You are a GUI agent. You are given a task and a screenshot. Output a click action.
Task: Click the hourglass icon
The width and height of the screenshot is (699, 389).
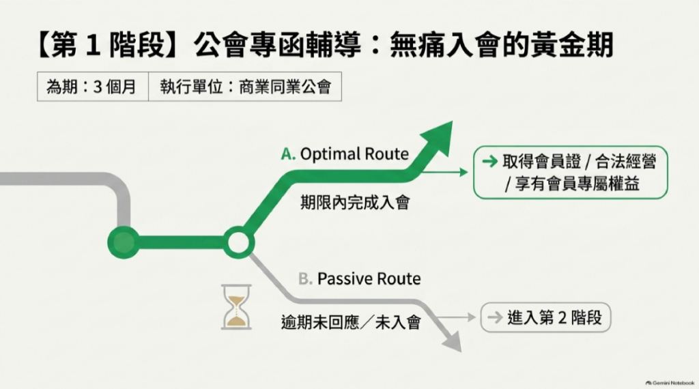click(236, 307)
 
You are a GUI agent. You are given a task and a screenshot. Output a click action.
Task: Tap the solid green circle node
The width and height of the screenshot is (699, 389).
click(124, 242)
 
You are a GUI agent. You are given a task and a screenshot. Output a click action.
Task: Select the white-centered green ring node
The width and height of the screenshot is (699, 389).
click(238, 242)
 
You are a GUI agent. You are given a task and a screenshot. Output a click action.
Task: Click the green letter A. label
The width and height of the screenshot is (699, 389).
click(288, 154)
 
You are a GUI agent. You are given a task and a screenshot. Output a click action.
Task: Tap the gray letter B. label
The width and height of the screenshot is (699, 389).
click(305, 279)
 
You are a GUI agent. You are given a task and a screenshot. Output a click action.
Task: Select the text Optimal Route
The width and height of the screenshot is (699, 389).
click(354, 154)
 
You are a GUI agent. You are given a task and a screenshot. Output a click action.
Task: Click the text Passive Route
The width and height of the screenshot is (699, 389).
click(369, 279)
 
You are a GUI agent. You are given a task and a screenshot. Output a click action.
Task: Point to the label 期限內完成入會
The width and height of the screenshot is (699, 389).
click(355, 203)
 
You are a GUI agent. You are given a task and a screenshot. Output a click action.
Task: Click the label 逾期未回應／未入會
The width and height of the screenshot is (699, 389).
click(351, 321)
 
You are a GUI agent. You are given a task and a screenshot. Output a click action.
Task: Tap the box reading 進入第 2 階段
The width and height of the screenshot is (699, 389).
click(545, 318)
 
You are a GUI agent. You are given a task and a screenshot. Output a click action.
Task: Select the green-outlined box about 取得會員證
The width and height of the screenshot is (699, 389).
click(570, 172)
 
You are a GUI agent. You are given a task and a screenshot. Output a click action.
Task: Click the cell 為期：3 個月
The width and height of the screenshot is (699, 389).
click(93, 87)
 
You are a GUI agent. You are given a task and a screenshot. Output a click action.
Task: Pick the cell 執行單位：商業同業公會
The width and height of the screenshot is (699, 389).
click(245, 87)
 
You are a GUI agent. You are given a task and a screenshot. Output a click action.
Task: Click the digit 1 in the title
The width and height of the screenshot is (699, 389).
click(93, 45)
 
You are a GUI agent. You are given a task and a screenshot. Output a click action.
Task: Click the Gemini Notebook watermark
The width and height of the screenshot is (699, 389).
click(670, 383)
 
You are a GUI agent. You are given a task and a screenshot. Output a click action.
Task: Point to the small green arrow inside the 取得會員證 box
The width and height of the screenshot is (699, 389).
click(489, 161)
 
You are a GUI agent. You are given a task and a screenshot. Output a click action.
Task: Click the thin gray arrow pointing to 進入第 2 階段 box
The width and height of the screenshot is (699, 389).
click(456, 317)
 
